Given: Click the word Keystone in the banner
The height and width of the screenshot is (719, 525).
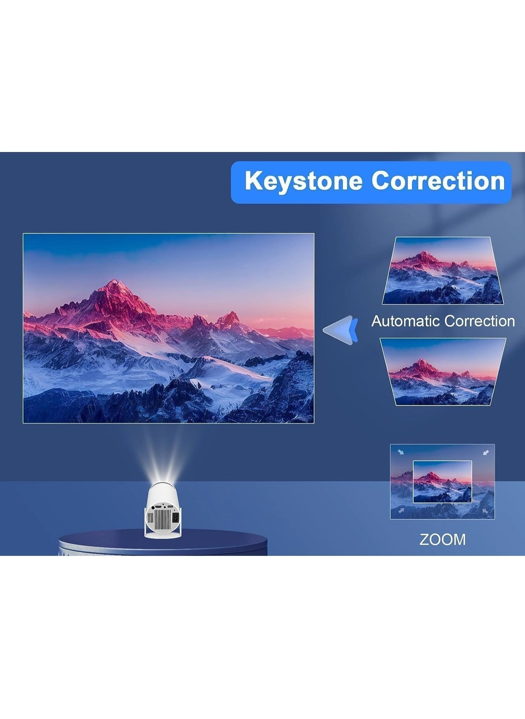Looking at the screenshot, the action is coord(303,181).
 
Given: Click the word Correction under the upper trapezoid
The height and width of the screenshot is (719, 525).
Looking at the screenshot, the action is coord(479,321).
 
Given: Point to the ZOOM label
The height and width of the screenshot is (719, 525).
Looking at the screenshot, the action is coord(442,539).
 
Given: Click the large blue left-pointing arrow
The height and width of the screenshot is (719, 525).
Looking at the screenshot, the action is coord(340,330).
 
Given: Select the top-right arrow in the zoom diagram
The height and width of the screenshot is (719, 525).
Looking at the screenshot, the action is coord(485,452).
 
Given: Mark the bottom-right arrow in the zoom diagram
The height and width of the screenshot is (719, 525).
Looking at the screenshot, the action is coord(485,510).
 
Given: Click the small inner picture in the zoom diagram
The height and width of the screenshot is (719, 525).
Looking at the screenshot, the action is coord(442,481).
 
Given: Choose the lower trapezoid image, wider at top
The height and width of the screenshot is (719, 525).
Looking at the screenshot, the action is coord(443,372).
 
